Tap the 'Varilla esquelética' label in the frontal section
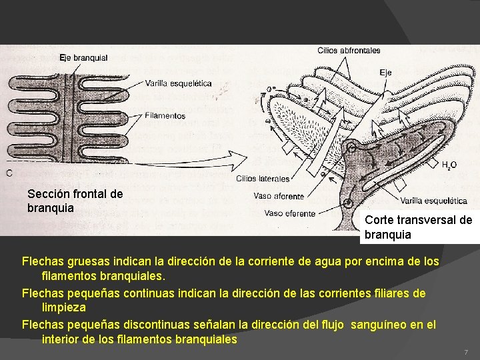tap(178, 83)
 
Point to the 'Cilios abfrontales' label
tap(349, 50)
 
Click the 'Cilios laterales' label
tap(263, 178)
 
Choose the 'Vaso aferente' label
tap(279, 196)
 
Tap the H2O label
tap(449, 163)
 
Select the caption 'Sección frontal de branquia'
tap(75, 200)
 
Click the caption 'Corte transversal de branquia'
tap(418, 227)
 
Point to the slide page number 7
tap(466, 351)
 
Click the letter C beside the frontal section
tap(9, 173)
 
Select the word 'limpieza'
tap(63, 308)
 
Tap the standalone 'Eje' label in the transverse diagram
tap(385, 72)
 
